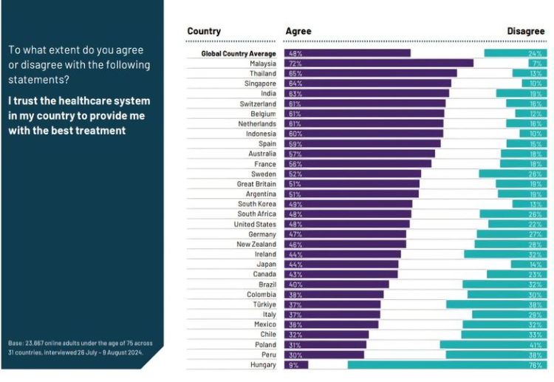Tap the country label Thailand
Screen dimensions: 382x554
(x=262, y=74)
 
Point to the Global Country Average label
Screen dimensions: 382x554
(x=239, y=53)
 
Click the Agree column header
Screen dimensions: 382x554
(x=298, y=31)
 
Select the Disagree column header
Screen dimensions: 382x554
(x=525, y=31)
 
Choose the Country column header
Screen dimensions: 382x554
(x=204, y=31)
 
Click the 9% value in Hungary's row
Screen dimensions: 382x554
(x=293, y=364)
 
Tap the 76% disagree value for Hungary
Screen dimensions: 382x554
(x=535, y=364)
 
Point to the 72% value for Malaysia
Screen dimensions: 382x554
(x=295, y=64)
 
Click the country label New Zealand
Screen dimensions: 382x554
(x=256, y=244)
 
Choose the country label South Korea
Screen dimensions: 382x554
(x=257, y=204)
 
